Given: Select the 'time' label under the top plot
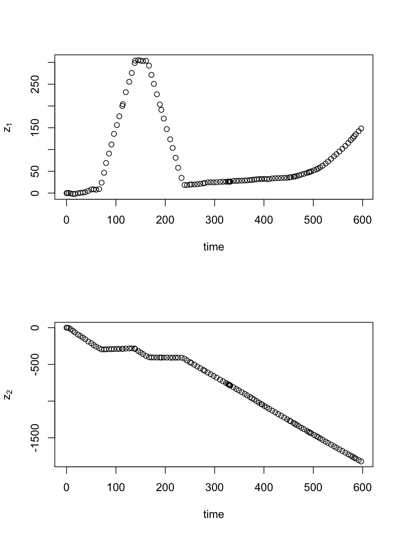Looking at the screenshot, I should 213,247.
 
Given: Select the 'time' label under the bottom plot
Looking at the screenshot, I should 213,514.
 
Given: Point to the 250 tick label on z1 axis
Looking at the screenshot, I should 35,84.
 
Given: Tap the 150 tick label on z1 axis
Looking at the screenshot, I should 35,128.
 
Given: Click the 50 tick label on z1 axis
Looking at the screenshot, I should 35,171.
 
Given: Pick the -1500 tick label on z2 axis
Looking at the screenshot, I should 35,438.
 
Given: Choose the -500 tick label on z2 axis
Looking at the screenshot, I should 35,364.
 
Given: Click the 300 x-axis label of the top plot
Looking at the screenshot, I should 214,220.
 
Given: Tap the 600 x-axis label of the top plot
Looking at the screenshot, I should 362,220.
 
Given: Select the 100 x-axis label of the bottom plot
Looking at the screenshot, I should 116,488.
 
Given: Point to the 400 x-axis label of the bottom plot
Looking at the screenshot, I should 264,488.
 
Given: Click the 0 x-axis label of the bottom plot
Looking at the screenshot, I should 66,488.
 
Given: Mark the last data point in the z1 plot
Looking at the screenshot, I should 361,129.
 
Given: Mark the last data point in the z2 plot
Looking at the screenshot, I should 361,462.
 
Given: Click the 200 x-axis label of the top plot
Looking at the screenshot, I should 165,220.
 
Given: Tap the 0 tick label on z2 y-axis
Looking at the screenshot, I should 35,327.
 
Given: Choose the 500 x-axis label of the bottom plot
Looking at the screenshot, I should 313,488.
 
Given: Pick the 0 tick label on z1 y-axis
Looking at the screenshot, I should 35,193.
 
